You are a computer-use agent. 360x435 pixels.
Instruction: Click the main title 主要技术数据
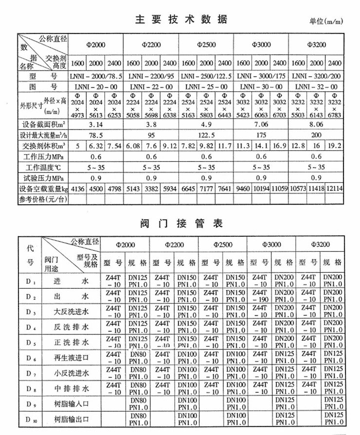point(180,20)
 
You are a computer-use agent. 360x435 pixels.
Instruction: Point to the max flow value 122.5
point(206,135)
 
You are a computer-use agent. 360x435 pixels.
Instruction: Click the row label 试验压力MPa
point(44,177)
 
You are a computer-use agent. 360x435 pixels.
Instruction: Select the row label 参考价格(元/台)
point(44,199)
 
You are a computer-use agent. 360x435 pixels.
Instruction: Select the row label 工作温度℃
point(44,167)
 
